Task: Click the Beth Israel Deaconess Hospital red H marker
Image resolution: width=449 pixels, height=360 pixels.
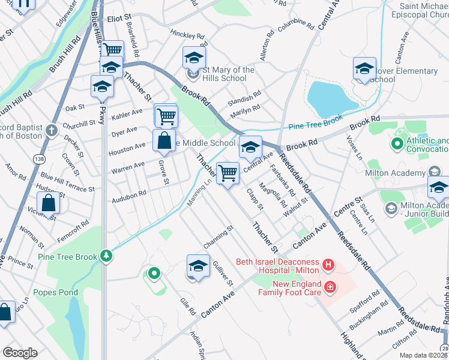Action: [328, 264]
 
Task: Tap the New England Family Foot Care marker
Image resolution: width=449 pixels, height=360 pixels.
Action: [330, 289]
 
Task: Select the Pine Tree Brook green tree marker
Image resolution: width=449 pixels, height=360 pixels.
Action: [106, 256]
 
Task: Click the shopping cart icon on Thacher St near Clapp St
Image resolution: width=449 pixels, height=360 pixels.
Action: [228, 173]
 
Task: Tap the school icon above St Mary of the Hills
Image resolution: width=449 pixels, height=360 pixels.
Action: [194, 58]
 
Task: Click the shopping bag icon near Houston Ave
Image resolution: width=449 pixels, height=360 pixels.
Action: [164, 141]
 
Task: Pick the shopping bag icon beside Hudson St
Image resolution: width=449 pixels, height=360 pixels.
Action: [49, 203]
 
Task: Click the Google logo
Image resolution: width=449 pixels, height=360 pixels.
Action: [20, 353]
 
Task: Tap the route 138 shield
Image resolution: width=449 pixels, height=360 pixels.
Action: [39, 158]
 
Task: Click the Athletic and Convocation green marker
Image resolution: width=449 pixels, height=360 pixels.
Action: [396, 144]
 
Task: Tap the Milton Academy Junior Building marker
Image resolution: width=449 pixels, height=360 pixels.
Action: [391, 208]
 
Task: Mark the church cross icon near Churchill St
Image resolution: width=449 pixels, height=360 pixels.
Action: [52, 130]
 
